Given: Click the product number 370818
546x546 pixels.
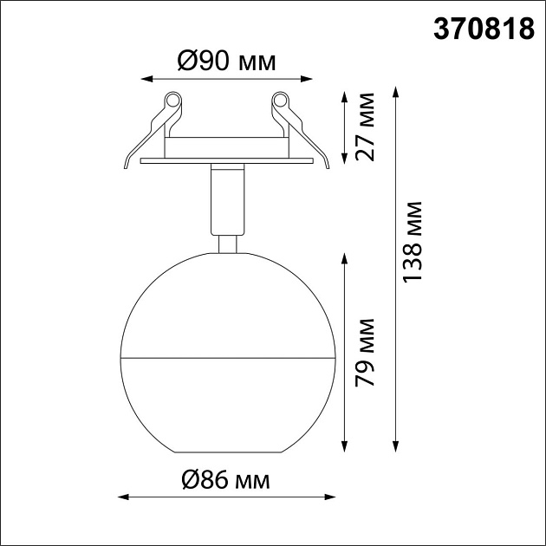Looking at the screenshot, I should click(x=484, y=29).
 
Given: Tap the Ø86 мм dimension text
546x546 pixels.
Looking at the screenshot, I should click(x=224, y=478).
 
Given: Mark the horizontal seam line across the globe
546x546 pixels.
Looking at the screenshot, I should click(x=227, y=356).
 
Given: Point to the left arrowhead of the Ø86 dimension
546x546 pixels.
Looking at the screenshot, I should click(x=122, y=497).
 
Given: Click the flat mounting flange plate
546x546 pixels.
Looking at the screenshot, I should click(x=227, y=161).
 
